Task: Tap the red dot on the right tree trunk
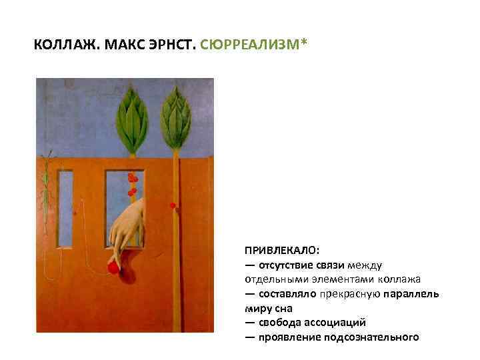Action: pyautogui.click(x=173, y=205)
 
